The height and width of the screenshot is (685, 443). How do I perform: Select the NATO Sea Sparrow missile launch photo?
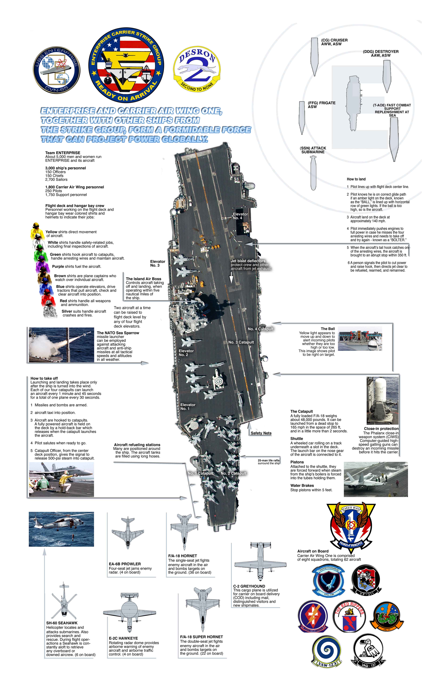[62, 345]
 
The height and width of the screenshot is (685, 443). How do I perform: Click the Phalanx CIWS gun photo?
[383, 401]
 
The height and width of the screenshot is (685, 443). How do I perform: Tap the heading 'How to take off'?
[44, 378]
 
